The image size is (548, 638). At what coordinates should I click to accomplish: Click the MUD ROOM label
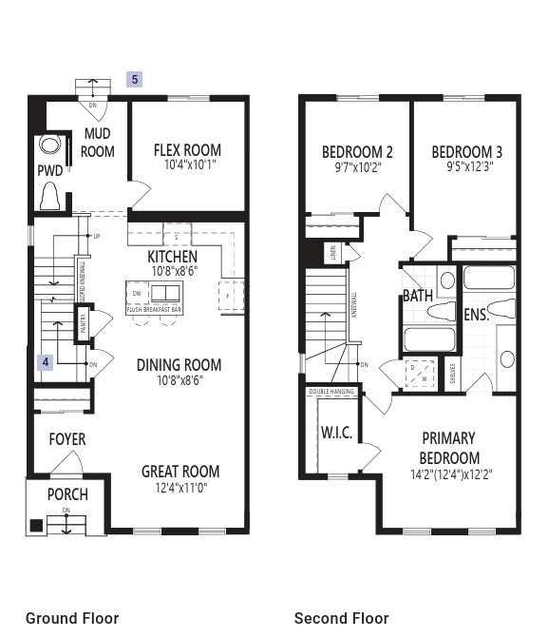click(x=97, y=143)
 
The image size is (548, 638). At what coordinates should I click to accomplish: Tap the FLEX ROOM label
click(x=187, y=149)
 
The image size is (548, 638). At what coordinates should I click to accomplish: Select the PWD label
click(x=49, y=171)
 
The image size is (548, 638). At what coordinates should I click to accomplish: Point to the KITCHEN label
click(x=172, y=257)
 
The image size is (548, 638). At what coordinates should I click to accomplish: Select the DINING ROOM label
click(x=179, y=364)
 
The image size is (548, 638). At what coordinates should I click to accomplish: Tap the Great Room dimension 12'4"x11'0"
click(x=180, y=488)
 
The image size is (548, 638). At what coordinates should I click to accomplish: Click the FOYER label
click(x=66, y=439)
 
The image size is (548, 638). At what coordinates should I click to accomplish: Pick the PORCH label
click(x=66, y=494)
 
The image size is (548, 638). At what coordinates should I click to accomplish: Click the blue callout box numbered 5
click(x=135, y=80)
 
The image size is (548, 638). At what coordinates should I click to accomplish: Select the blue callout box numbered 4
click(x=44, y=362)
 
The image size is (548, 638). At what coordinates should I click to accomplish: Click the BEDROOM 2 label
click(x=357, y=151)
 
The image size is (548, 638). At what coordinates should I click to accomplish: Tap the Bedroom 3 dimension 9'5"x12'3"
click(x=466, y=166)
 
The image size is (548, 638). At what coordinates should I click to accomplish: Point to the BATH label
click(x=418, y=296)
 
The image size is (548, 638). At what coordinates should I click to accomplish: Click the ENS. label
click(x=476, y=314)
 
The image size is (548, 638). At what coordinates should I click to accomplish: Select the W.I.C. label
click(x=336, y=433)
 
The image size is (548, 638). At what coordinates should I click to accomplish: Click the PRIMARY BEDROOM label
click(x=449, y=448)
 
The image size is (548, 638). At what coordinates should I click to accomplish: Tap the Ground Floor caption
click(x=72, y=618)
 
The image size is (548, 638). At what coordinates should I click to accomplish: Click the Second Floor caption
click(x=341, y=618)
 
